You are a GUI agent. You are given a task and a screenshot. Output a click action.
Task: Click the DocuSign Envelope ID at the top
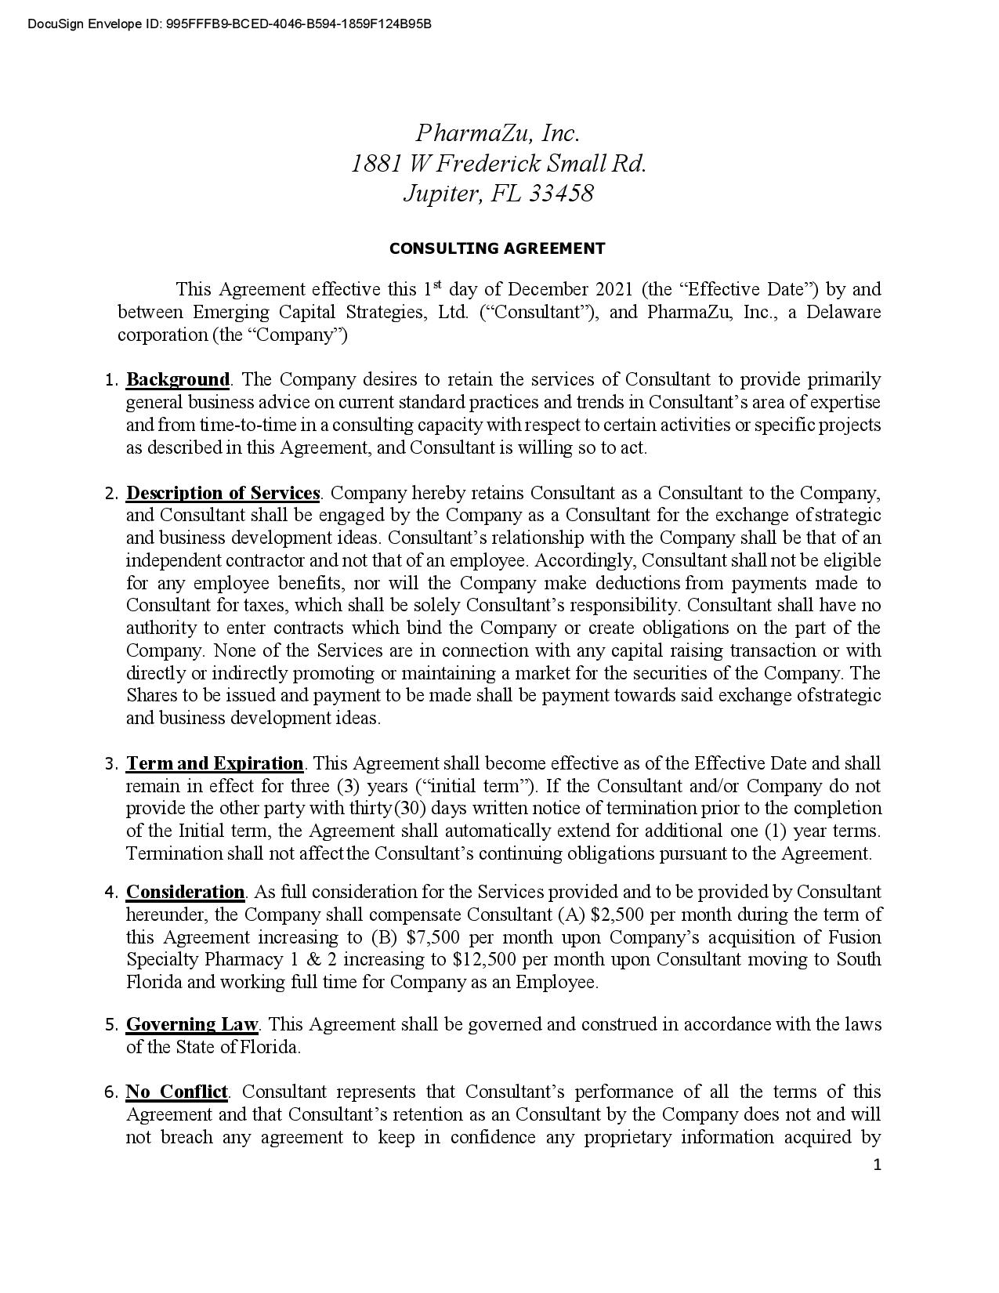[x=229, y=24]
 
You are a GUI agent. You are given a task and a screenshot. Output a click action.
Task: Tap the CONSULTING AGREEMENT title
[x=498, y=248]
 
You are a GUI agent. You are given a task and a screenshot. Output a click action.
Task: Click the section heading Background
[x=178, y=380]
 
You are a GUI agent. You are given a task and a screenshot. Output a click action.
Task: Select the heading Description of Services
[x=223, y=493]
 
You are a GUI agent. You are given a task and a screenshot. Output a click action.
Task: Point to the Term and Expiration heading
[x=215, y=763]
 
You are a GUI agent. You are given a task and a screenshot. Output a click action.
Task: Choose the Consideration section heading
[x=186, y=892]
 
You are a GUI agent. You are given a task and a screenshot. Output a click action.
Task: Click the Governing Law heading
[x=192, y=1024]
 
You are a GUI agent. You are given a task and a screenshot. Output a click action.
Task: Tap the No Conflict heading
[x=177, y=1092]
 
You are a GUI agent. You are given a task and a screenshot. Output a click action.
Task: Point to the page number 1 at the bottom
[x=877, y=1164]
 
